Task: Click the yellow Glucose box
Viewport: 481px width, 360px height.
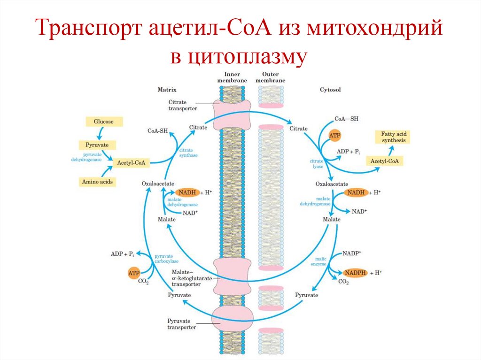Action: coord(103,122)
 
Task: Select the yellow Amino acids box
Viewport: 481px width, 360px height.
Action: coord(97,182)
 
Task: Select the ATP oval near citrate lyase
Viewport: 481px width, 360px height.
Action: coord(335,136)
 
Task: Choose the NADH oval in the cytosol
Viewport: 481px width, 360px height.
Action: coord(355,192)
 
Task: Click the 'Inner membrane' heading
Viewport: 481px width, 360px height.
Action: coord(232,77)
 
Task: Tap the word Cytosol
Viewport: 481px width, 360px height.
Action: coord(330,89)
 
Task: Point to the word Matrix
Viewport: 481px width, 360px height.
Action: coord(166,89)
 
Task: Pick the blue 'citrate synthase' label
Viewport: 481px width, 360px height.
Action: coord(187,153)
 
